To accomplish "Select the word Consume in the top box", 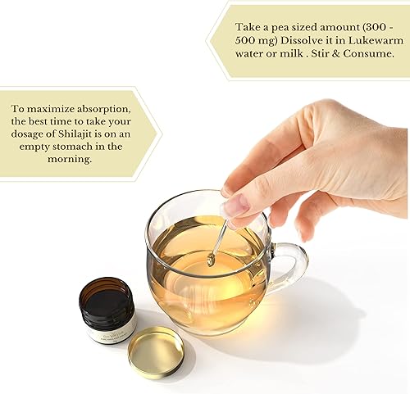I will (x=367, y=53).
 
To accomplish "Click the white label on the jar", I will (x=109, y=329).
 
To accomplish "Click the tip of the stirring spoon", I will (x=210, y=260).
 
